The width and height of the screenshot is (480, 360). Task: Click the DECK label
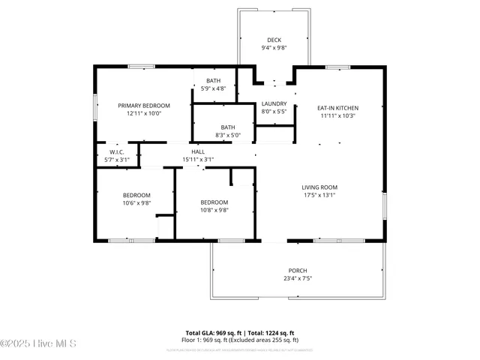274,40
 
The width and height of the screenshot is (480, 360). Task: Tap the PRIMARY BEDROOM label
144,106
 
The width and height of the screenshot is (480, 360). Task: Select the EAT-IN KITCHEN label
338,108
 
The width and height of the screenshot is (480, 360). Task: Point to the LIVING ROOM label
319,187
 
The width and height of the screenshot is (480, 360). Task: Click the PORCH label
298,271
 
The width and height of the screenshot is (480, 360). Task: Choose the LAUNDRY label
274,103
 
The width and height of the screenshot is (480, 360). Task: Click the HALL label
198,151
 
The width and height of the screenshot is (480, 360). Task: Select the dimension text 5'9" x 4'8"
214,88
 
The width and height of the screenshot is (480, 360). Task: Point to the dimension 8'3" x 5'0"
229,135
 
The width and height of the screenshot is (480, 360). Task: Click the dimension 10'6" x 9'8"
136,203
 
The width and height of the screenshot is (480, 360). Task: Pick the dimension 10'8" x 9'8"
214,210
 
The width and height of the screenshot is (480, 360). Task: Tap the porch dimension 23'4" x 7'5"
298,278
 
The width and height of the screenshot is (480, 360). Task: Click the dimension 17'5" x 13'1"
319,195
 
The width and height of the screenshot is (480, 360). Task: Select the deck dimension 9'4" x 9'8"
274,48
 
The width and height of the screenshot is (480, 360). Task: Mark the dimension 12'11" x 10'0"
144,113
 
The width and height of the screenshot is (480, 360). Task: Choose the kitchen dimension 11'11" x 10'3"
338,115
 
